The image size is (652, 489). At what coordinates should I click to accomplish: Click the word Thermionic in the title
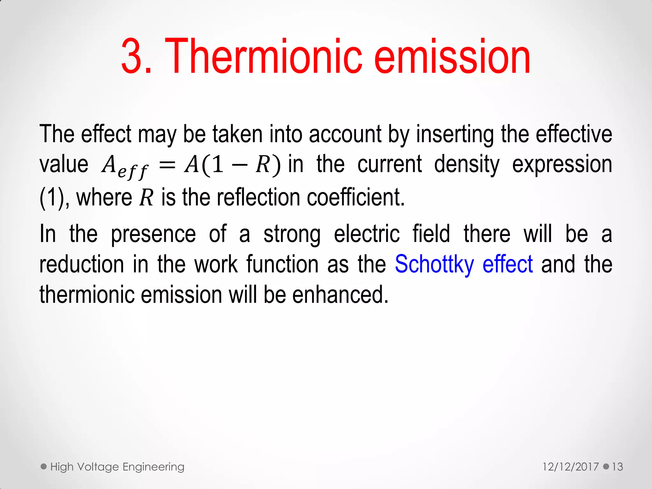(x=264, y=57)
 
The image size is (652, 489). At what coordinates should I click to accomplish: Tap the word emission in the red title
(x=452, y=57)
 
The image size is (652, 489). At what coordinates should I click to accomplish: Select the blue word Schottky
(x=434, y=264)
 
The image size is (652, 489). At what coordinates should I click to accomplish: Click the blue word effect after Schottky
(x=507, y=264)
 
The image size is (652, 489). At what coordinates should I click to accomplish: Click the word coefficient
(x=355, y=197)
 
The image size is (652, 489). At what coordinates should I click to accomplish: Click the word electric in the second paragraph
(x=367, y=234)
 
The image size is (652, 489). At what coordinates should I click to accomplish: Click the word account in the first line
(x=345, y=134)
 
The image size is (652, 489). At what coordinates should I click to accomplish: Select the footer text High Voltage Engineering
(x=117, y=467)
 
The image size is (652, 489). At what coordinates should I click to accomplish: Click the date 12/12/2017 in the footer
(x=570, y=467)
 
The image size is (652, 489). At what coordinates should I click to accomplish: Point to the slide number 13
(x=617, y=467)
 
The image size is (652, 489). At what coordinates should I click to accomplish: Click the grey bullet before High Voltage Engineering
(x=44, y=467)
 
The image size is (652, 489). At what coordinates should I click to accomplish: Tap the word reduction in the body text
(x=81, y=264)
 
